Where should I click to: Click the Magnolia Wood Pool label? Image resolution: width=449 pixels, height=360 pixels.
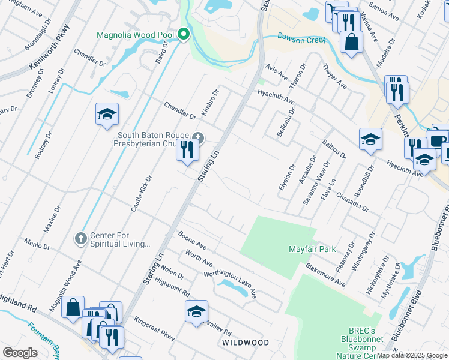click(136, 34)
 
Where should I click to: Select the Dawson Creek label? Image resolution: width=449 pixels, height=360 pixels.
click(301, 39)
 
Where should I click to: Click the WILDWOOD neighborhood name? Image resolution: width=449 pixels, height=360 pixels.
click(246, 342)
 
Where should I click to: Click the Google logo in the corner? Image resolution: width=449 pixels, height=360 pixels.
click(20, 353)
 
